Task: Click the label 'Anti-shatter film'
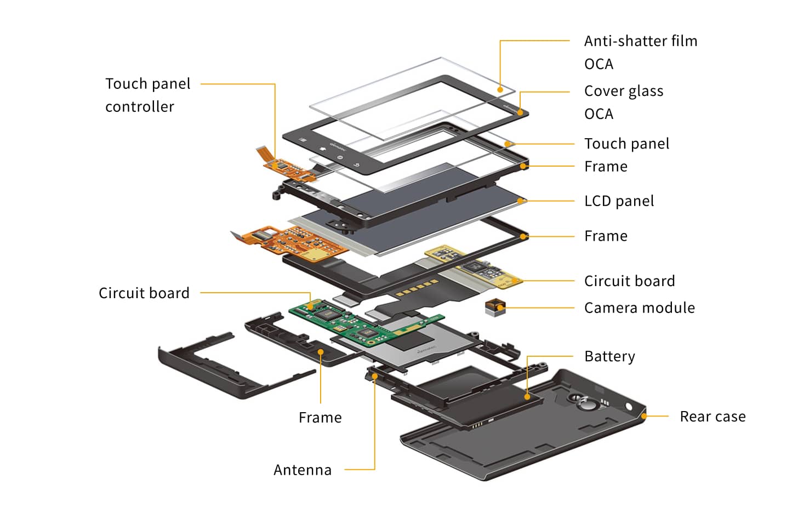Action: (640, 41)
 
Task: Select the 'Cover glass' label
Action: (623, 91)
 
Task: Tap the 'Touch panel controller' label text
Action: (147, 95)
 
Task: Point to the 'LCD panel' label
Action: (619, 201)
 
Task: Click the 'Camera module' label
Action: (639, 308)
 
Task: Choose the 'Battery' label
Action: (609, 357)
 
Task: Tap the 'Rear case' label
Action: (712, 417)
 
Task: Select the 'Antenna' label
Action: (303, 470)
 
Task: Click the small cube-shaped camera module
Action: (495, 308)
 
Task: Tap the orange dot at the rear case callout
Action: (644, 417)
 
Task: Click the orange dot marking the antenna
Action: (375, 377)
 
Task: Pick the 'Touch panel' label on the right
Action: (626, 144)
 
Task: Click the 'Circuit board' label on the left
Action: (144, 293)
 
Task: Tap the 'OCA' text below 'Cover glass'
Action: (598, 114)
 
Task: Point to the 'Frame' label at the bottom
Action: (320, 418)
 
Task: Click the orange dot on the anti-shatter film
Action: (500, 89)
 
